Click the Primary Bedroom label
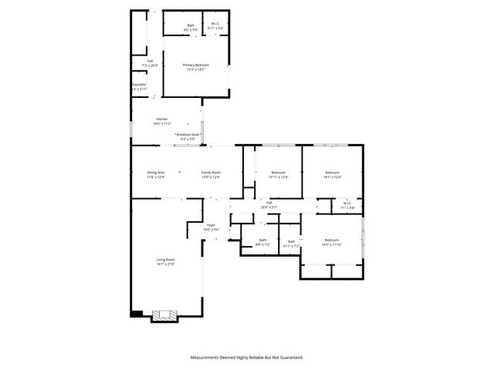[195, 65]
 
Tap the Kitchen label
[161, 119]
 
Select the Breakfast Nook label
[188, 134]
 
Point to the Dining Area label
[156, 172]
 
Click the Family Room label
[211, 172]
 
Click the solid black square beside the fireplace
[137, 313]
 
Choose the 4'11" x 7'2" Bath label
[291, 241]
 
